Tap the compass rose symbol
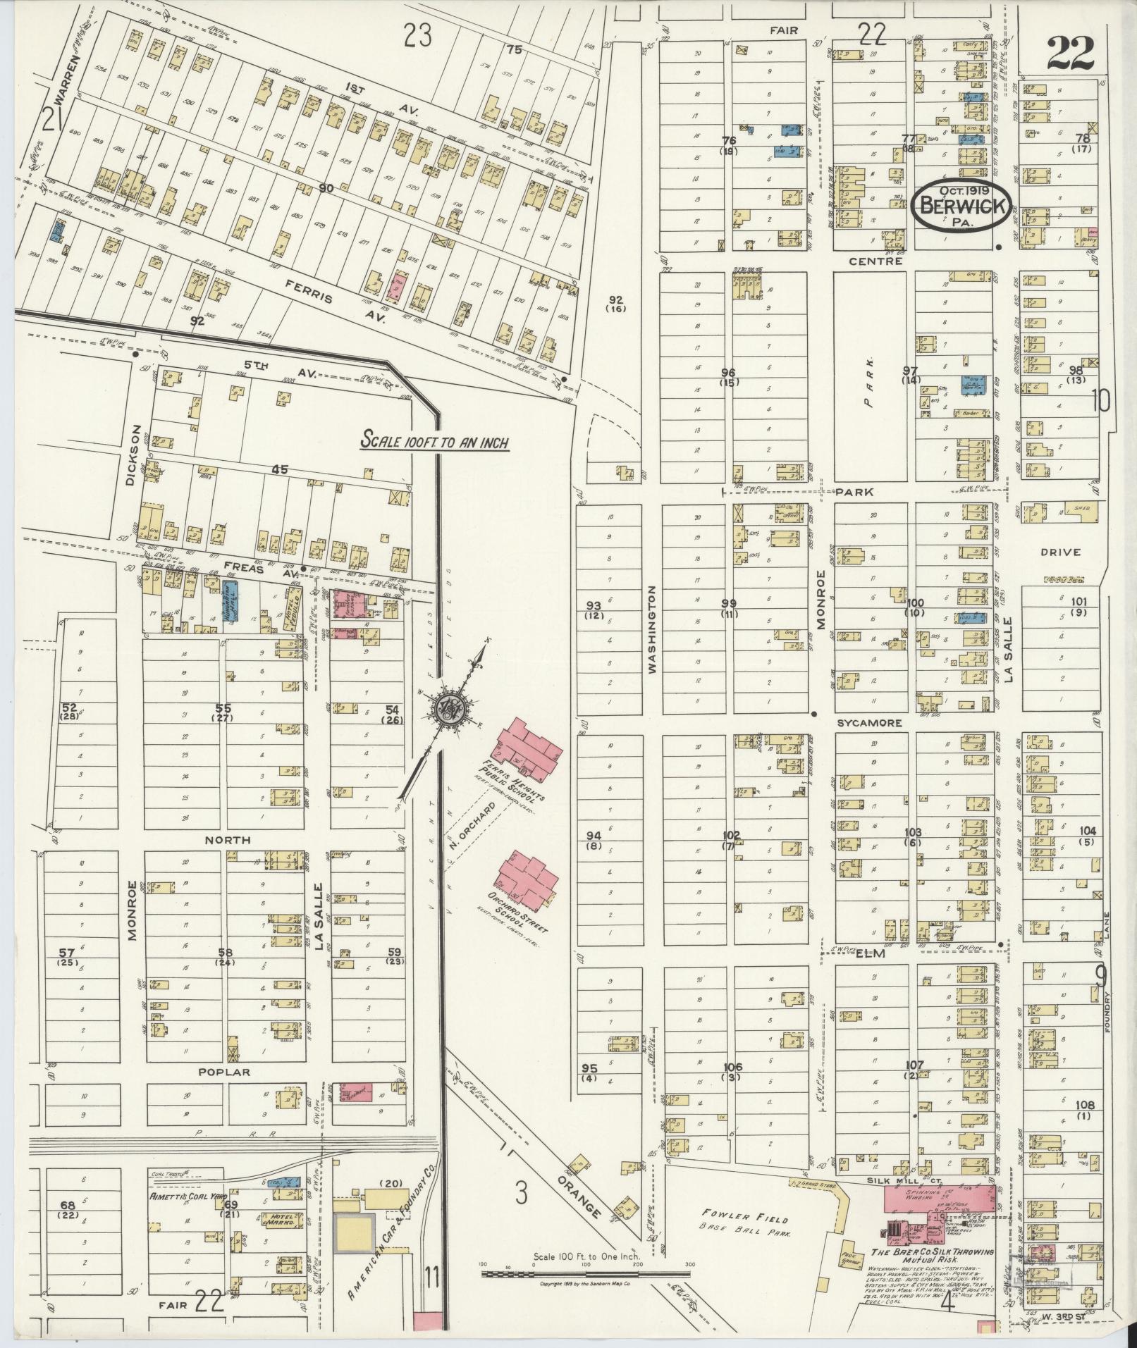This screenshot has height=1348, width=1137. pyautogui.click(x=447, y=709)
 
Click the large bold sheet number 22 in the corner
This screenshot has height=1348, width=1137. pyautogui.click(x=1070, y=53)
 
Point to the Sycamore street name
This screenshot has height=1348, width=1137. pyautogui.click(x=859, y=723)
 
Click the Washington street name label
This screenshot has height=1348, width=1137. pyautogui.click(x=651, y=629)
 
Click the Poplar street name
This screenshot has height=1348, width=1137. pyautogui.click(x=224, y=1072)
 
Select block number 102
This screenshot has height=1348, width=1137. pyautogui.click(x=732, y=836)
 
